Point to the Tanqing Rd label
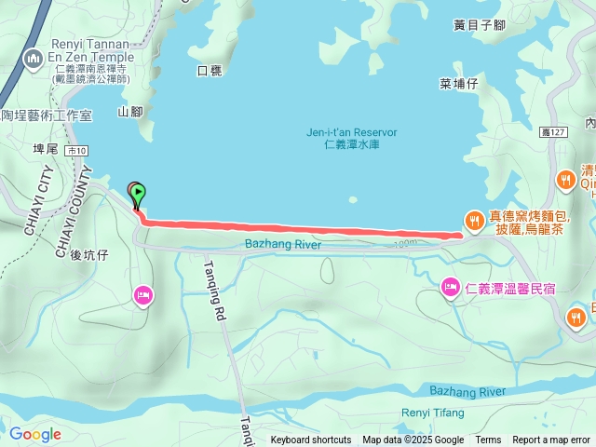215,290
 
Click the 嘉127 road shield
553,133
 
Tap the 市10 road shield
76,151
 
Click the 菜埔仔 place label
458,84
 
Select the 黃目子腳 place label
479,25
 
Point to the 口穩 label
210,71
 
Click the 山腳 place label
130,112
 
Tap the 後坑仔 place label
90,254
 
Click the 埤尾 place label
46,148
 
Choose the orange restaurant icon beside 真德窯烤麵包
475,220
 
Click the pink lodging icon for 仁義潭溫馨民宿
450,286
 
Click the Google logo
34,434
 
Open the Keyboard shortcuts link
311,440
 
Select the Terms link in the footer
488,440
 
